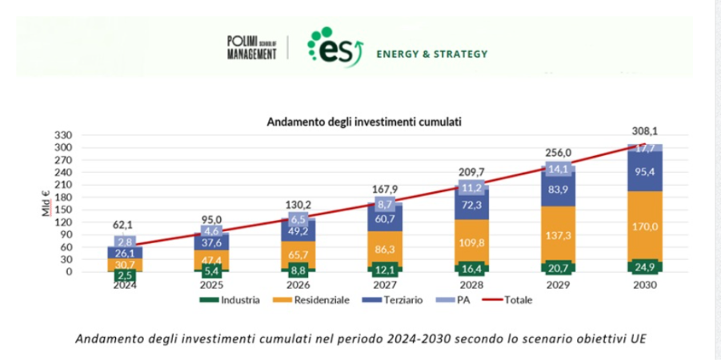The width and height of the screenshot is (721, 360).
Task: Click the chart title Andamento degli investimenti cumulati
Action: (x=364, y=122)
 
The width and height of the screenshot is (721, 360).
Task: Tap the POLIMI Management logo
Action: (x=251, y=47)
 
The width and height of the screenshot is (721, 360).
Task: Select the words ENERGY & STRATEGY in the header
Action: (x=431, y=54)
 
